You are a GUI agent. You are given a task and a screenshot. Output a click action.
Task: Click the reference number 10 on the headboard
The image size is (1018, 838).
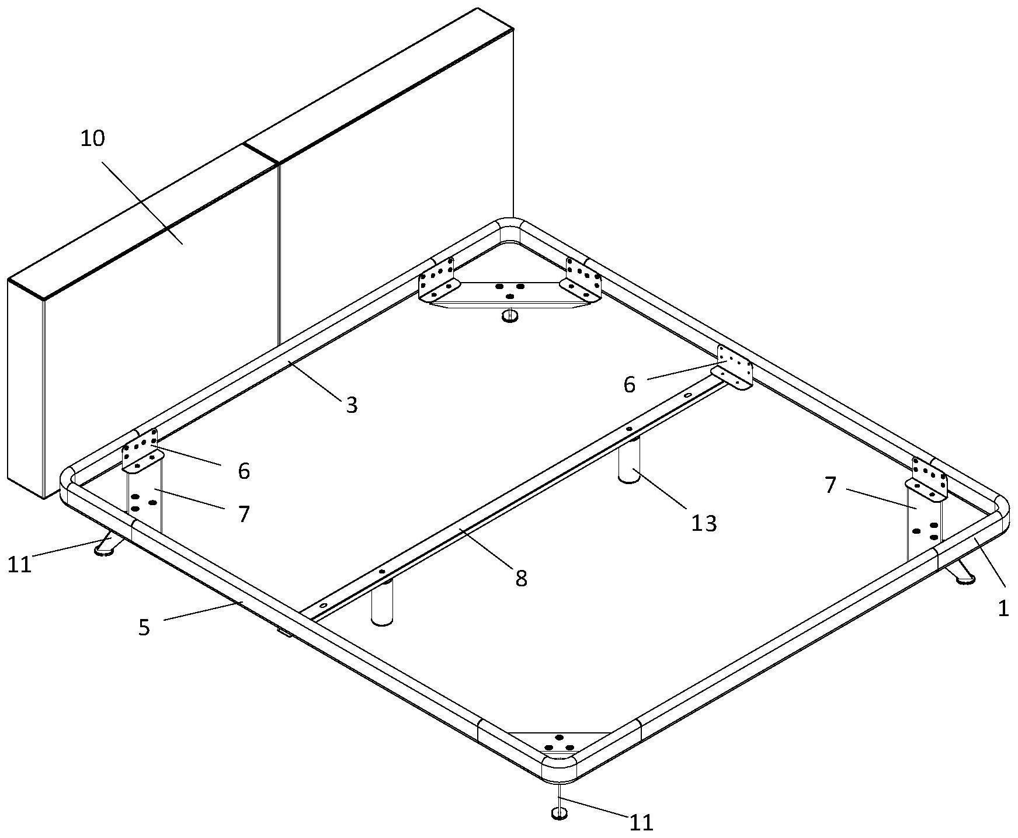point(93,138)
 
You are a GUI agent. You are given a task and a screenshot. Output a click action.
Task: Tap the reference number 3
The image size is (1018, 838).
point(351,405)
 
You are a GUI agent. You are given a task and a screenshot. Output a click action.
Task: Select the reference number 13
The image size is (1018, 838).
point(703,523)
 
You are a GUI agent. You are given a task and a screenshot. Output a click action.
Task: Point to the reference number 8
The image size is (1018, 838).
point(521,578)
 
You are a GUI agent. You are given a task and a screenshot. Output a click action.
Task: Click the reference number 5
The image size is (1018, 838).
point(144,627)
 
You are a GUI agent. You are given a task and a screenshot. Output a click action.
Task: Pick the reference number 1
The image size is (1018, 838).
point(1003,608)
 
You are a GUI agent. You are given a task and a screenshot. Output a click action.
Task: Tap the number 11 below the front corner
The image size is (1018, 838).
point(641,822)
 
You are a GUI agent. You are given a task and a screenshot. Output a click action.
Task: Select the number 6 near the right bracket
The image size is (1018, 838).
point(629,385)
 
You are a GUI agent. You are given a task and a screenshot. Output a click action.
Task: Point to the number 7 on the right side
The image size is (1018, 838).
point(831,485)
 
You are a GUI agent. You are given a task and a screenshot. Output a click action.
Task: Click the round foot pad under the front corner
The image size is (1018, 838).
point(560,813)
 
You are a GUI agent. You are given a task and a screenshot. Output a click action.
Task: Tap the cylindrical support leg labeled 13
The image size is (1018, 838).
point(629,461)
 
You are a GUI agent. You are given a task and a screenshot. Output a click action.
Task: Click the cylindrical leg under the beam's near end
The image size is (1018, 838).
point(382,604)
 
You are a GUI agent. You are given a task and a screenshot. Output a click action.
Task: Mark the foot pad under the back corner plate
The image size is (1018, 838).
point(510,316)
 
